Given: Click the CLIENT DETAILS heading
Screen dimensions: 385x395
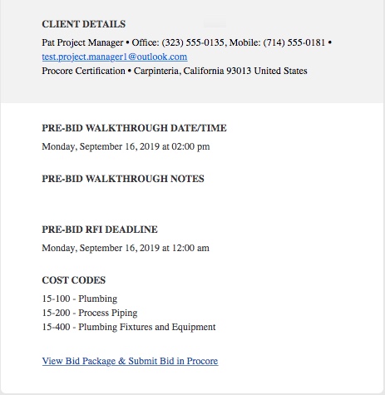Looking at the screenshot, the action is [83, 24].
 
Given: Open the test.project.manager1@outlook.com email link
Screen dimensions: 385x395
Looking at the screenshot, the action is [114, 57].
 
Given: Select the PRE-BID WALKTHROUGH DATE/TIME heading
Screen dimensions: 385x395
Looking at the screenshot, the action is [134, 129].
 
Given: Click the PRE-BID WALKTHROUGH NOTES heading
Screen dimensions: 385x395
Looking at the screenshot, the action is [122, 179].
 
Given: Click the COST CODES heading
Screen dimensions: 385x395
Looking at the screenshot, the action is [73, 280].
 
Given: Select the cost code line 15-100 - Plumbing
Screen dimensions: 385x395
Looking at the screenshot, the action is [79, 298].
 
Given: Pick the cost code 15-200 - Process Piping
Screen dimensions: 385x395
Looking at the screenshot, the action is [89, 312].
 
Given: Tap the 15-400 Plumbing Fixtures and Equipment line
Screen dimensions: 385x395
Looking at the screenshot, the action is [128, 327].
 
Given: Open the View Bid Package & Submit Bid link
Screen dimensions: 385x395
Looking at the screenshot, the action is [130, 361].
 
